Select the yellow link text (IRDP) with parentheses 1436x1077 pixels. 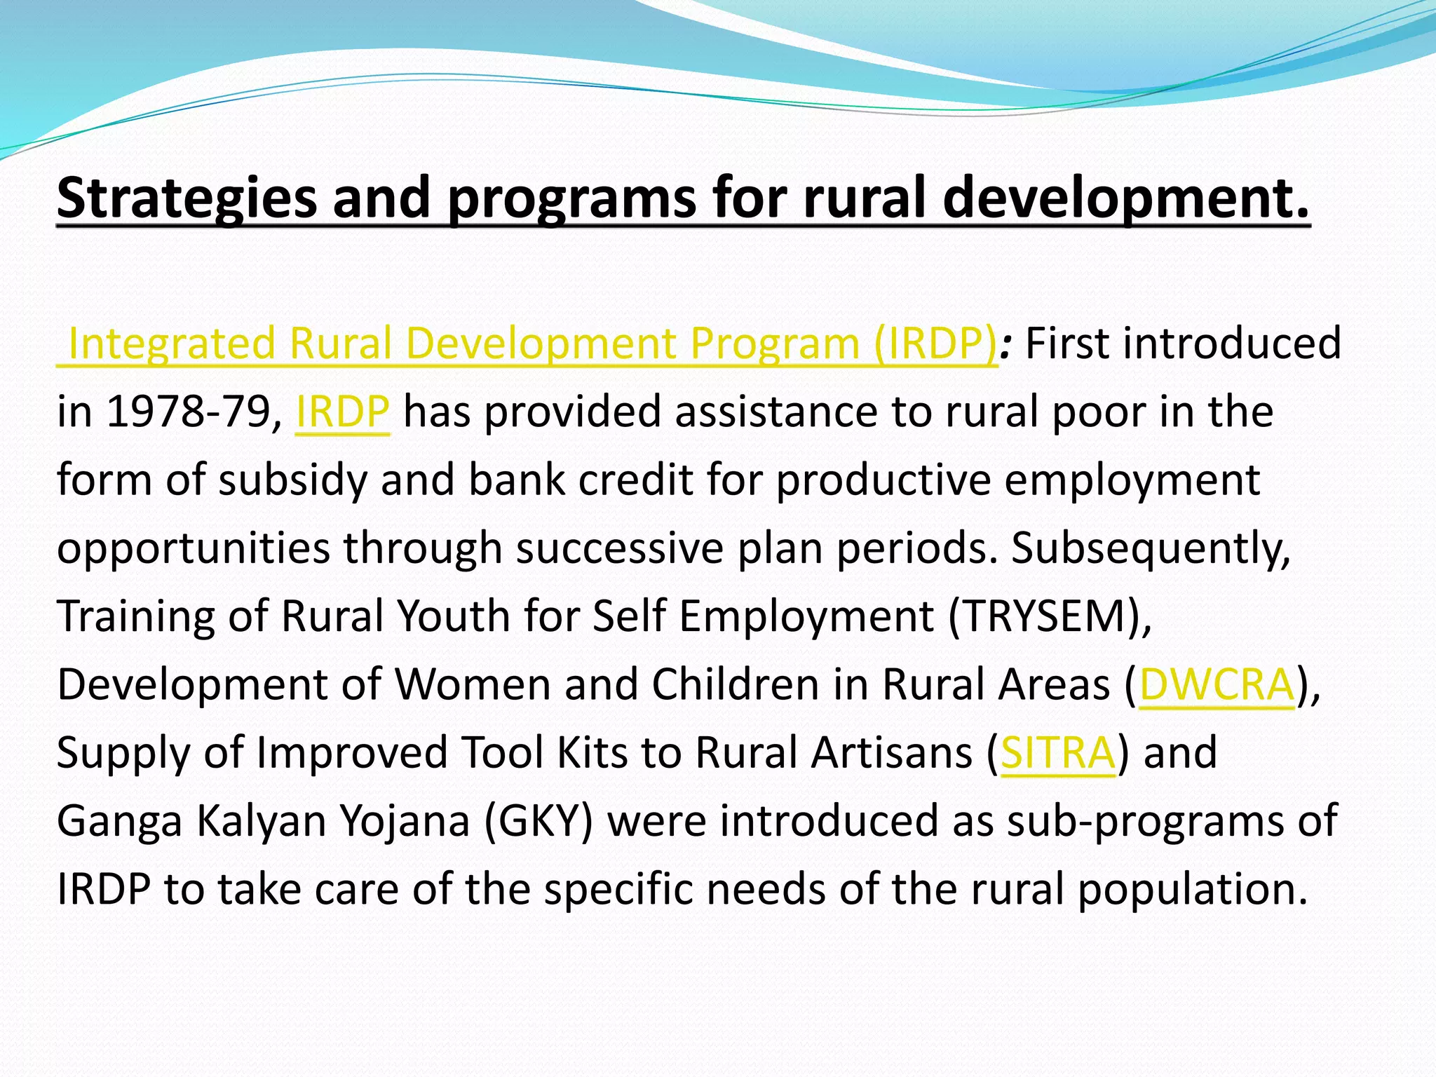(935, 344)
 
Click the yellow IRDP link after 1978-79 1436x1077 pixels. (342, 412)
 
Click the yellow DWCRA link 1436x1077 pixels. (1217, 684)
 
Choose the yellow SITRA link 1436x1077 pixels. (1057, 752)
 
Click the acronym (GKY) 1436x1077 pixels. (538, 820)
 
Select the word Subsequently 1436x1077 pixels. (1150, 548)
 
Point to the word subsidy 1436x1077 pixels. (292, 480)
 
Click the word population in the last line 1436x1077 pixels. (1192, 889)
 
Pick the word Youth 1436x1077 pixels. (454, 616)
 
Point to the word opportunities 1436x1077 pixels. (193, 548)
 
